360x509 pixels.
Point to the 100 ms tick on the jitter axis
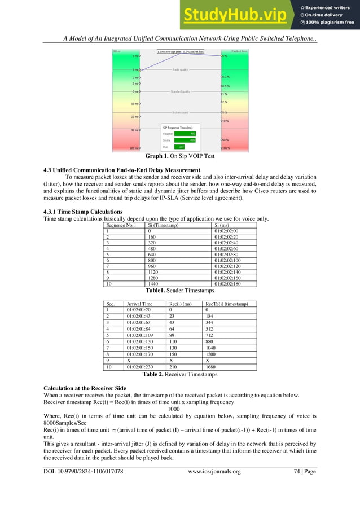[134, 148]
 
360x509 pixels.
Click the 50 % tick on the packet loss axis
[225, 139]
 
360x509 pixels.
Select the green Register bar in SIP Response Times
[185, 133]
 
